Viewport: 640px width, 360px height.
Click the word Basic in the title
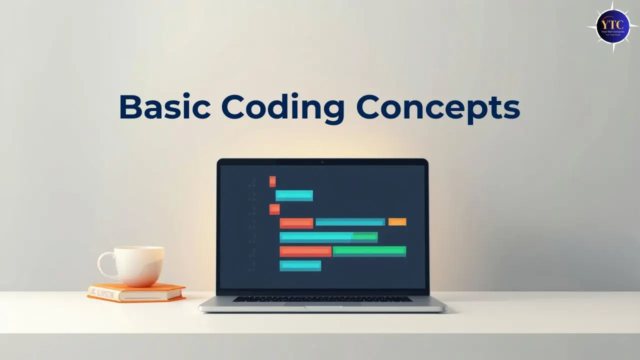(163, 107)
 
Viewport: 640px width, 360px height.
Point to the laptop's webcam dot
(322, 162)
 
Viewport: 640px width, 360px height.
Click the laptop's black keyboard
(322, 298)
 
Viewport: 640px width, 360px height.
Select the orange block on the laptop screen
(397, 222)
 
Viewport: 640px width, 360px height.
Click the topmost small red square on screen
(272, 181)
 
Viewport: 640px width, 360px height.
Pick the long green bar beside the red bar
(369, 251)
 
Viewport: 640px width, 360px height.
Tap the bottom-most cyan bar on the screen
(300, 266)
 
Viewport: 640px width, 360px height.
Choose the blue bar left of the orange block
(350, 222)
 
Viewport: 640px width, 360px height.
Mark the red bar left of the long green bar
(305, 251)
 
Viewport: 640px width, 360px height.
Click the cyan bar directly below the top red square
(294, 195)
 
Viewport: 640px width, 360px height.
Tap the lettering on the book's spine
(102, 293)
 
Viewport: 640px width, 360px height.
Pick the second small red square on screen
(274, 209)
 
